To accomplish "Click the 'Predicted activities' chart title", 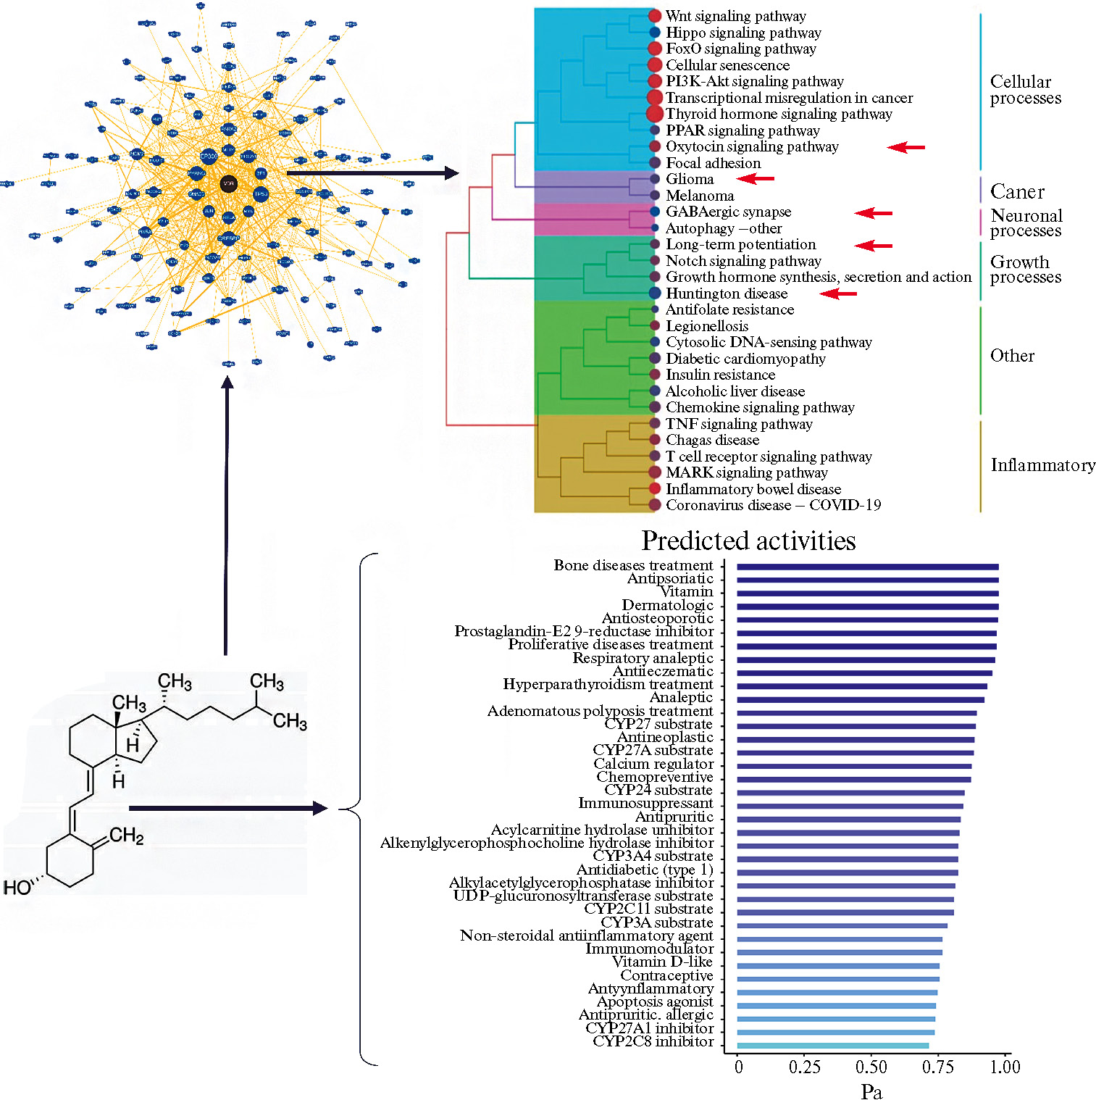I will (748, 541).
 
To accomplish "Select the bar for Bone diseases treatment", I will (867, 567).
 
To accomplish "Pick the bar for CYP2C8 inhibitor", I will (832, 1046).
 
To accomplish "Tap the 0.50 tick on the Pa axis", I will (871, 1067).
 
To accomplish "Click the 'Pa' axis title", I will (871, 1092).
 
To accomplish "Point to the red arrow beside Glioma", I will (756, 178).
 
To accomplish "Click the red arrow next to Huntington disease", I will (838, 293).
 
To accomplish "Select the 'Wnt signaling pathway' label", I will (735, 16).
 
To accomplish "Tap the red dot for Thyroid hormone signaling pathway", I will (654, 114).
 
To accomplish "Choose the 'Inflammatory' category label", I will (1042, 465).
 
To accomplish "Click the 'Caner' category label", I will (1017, 192).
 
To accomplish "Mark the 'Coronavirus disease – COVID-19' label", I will (773, 505).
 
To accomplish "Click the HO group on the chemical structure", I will (17, 888).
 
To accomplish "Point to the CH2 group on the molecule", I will (127, 836).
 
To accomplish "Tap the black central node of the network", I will (229, 184).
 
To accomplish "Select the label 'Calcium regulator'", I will (653, 764).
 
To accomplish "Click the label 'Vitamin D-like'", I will (662, 962).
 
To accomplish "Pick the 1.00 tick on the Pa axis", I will (1005, 1067).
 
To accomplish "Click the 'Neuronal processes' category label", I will (1026, 223).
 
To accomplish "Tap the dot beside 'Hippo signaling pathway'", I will (655, 33).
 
